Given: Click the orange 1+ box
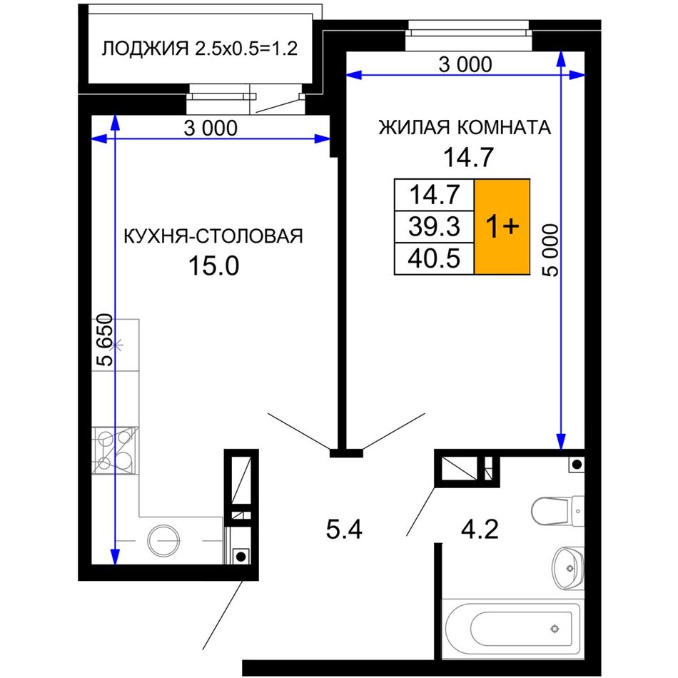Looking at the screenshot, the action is (x=502, y=226).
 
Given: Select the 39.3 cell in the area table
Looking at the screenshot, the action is (x=434, y=226).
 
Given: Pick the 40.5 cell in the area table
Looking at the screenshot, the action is (x=434, y=258).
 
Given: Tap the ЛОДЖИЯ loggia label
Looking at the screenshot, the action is (x=145, y=49).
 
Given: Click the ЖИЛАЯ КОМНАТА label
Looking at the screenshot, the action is (x=465, y=128).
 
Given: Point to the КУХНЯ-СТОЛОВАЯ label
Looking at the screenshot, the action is (x=213, y=236).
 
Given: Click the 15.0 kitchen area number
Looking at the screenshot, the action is (x=213, y=265).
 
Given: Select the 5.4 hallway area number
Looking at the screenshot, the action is (x=344, y=530).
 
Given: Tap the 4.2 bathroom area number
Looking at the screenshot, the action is (x=480, y=530).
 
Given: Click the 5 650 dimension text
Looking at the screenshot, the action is (x=105, y=340).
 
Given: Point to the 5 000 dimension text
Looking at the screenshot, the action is (x=550, y=250).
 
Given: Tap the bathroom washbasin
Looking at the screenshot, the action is (x=568, y=568).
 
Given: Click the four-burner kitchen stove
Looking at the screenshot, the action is (x=115, y=450).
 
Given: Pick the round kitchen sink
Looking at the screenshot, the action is (x=163, y=540).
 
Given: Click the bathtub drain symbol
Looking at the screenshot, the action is (x=555, y=629).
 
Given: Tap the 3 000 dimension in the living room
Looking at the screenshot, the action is (x=465, y=65).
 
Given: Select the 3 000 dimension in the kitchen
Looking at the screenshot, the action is (x=211, y=128).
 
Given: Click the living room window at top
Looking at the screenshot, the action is (x=467, y=34).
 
